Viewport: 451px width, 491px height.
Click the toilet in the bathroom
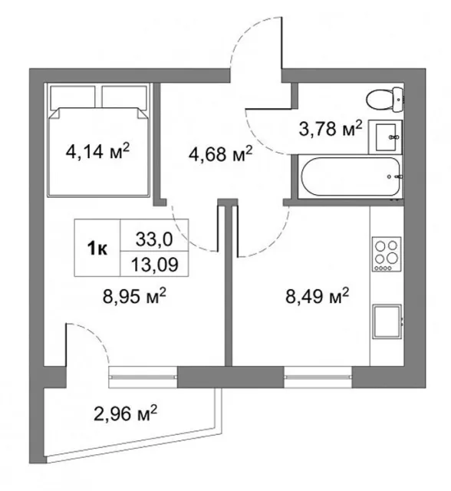coord(384,100)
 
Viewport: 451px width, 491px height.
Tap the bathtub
coord(350,176)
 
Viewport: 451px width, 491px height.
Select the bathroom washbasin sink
coord(385,137)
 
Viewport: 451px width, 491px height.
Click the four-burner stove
coord(387,254)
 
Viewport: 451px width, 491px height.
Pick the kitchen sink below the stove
coord(387,321)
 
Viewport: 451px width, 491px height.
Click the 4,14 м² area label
coord(97,152)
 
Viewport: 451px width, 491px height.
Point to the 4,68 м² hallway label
coord(220,153)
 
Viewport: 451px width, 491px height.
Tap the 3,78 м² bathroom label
coord(331,128)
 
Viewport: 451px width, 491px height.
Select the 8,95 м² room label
coord(134,296)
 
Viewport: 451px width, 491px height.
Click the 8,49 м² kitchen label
coord(317,296)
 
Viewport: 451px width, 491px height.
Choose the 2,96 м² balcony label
coord(125,414)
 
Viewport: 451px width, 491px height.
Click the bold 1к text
coord(97,249)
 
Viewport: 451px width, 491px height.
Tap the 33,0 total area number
coord(154,239)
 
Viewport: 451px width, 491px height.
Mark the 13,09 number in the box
coord(155,265)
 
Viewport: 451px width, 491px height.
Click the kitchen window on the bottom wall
coord(318,377)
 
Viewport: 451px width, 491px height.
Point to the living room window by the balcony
coord(143,377)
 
